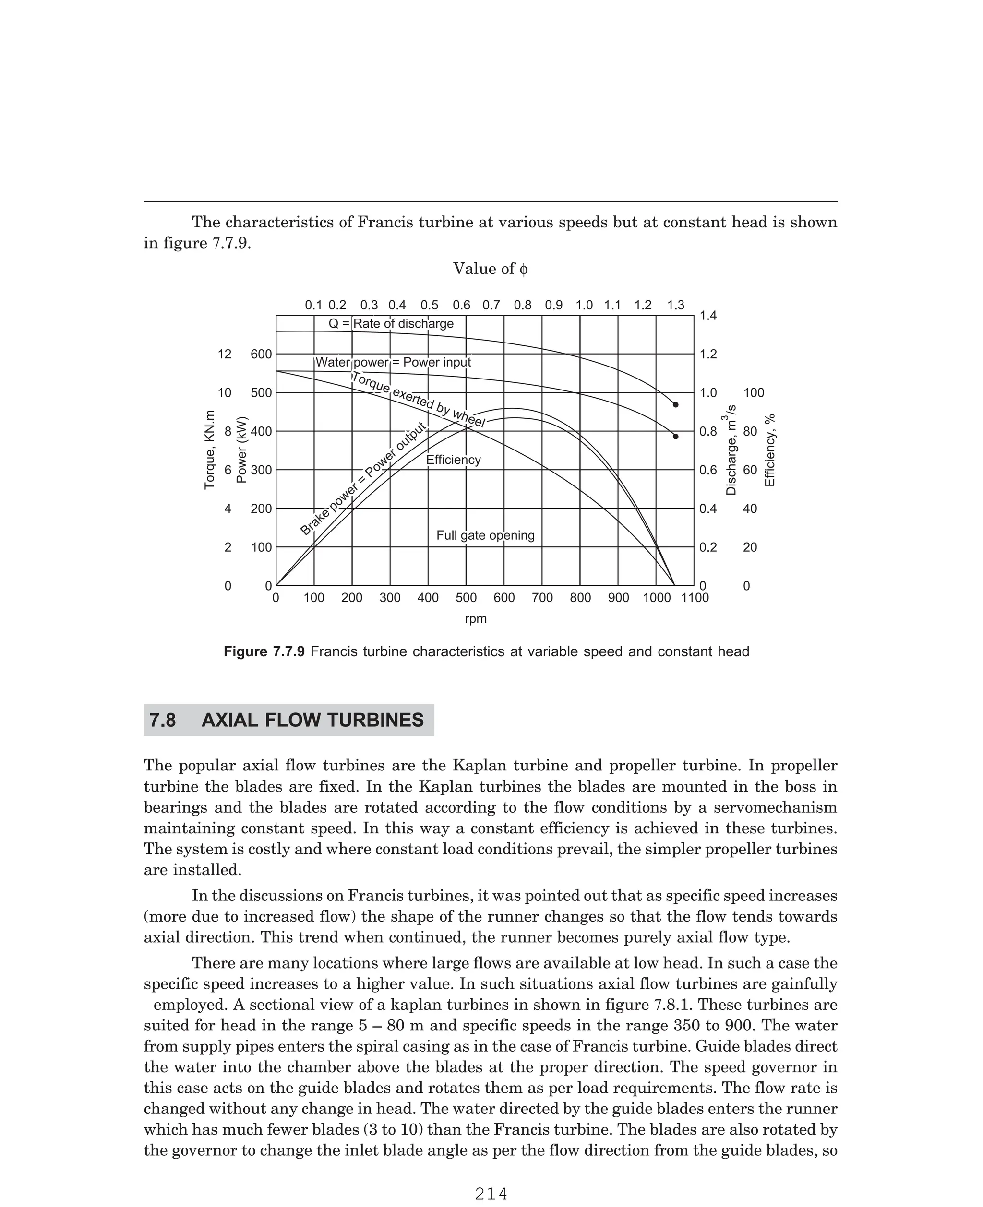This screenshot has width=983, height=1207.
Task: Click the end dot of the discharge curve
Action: click(675, 404)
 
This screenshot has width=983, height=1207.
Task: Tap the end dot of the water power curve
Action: click(675, 436)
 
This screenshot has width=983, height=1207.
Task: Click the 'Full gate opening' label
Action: click(485, 535)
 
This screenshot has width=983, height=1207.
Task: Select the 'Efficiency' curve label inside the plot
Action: click(453, 460)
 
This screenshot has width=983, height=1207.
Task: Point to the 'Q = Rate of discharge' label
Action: click(391, 324)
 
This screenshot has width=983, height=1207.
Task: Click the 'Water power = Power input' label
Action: click(393, 362)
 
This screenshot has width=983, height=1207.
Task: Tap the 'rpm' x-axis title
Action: click(476, 618)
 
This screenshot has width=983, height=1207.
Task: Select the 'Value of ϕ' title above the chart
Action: click(491, 269)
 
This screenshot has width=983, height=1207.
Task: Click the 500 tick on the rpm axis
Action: click(466, 598)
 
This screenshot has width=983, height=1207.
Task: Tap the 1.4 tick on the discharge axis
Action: click(708, 316)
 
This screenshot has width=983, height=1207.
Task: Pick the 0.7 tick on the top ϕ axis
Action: click(491, 306)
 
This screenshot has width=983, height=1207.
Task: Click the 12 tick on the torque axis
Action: click(225, 354)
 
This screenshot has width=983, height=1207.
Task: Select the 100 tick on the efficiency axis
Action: click(754, 393)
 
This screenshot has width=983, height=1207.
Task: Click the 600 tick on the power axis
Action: click(261, 354)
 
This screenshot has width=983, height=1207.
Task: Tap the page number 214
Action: click(491, 1194)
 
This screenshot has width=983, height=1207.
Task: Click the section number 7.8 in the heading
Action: click(163, 721)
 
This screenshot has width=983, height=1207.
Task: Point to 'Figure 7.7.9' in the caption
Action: click(264, 651)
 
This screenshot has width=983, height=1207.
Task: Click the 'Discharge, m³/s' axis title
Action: click(731, 450)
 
